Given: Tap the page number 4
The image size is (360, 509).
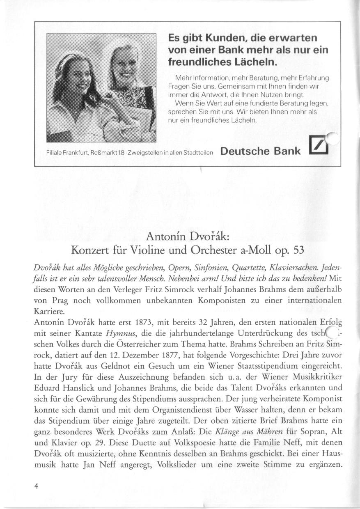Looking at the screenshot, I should point(37,486).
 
